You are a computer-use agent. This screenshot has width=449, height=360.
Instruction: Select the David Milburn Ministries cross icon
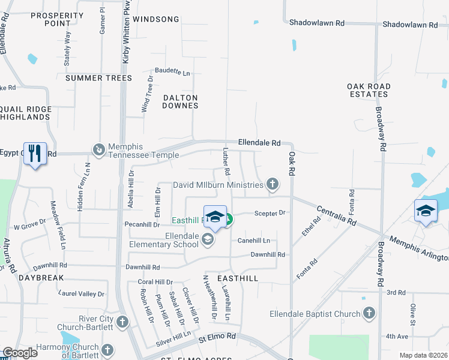pos(273,184)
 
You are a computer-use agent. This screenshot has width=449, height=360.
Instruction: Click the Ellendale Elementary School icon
pos(208,240)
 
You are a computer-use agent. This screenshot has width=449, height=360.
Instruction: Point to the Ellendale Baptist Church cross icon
pos(369,313)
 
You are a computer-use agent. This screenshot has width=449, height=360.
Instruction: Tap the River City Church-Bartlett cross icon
pos(122,322)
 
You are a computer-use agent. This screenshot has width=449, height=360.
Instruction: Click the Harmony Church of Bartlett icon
pos(107,350)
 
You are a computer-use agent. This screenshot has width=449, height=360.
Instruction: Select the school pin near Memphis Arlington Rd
pos(426,211)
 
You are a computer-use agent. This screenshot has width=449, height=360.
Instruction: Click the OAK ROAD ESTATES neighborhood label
pos(369,90)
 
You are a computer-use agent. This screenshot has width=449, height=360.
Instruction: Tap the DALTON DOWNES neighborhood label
pos(180,101)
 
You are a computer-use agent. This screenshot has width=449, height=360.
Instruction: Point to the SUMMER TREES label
pos(98,78)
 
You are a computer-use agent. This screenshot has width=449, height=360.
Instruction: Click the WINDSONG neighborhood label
pos(156,19)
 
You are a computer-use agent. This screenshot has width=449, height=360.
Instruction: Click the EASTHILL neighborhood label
pos(238,278)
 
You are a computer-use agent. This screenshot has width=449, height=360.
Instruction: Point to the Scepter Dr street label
pos(272,212)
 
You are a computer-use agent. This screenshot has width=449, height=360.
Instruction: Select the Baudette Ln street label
pos(172,72)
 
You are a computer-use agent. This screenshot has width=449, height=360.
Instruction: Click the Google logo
pos(20,353)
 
